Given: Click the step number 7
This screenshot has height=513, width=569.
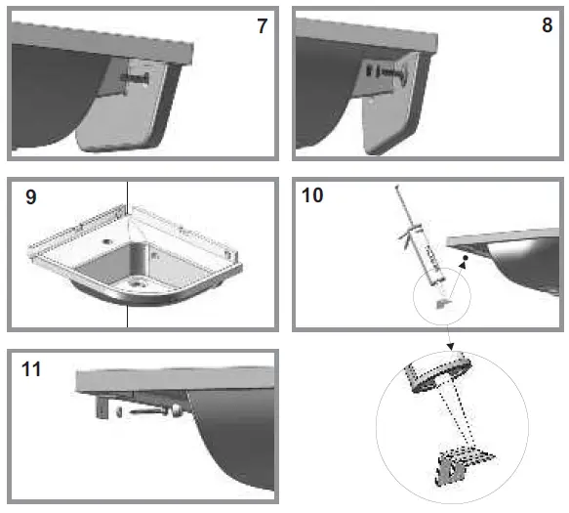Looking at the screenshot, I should [262, 26].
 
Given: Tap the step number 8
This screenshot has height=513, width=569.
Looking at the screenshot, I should [547, 26].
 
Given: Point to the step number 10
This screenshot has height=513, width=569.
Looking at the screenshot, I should [313, 195].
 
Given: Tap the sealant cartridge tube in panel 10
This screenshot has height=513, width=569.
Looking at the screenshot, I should [425, 253].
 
